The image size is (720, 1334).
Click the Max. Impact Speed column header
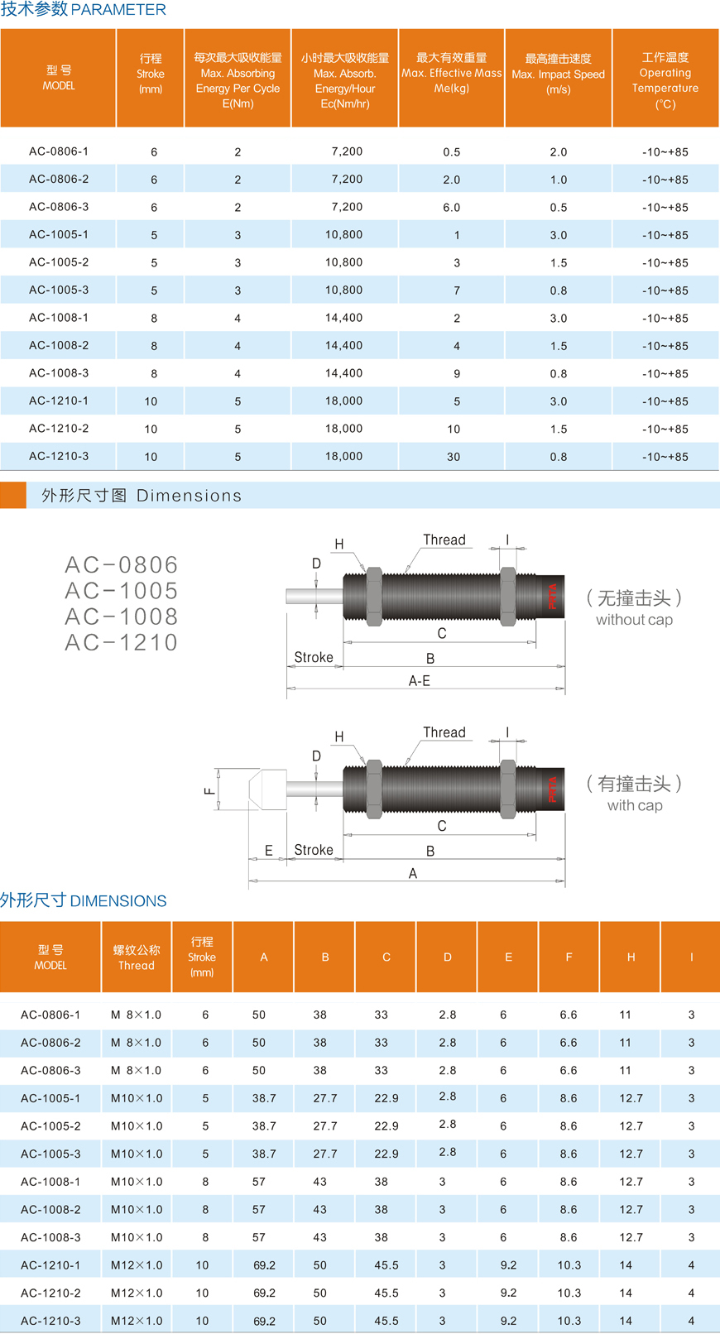point(558,74)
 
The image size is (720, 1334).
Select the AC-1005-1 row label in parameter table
point(59,235)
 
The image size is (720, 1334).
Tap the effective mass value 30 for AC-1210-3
point(454,457)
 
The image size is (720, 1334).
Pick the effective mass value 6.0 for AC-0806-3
point(451,207)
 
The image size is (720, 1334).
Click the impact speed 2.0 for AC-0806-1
point(559,152)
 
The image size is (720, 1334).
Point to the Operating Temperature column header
point(665,80)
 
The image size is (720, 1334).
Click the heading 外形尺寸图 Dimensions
point(142,496)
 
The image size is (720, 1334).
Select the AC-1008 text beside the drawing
point(122,617)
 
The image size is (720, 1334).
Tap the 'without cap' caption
point(634,620)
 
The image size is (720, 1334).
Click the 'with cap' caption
point(635,806)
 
